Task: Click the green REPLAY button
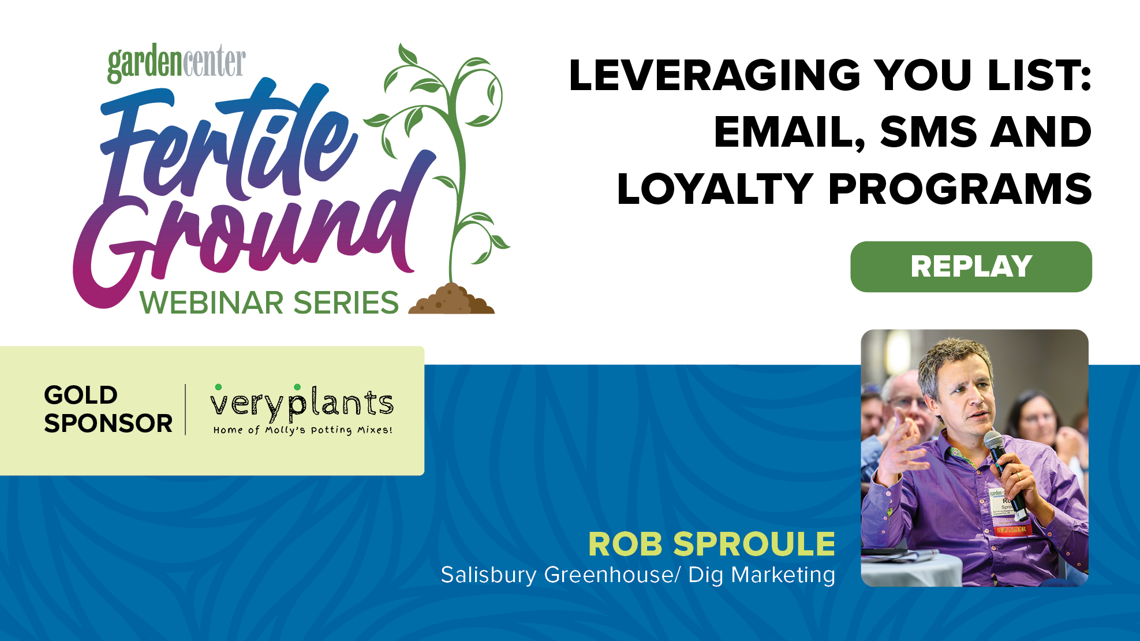click(x=971, y=267)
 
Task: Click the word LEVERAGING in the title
click(x=715, y=75)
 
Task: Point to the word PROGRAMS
click(x=960, y=189)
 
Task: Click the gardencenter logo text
click(x=177, y=63)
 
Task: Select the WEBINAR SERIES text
click(x=269, y=303)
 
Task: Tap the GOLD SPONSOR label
click(x=108, y=409)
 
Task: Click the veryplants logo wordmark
click(x=302, y=403)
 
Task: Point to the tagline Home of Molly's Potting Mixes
click(x=302, y=430)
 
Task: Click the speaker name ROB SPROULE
click(x=711, y=544)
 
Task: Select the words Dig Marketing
click(x=762, y=575)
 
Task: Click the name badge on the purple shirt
click(x=1007, y=511)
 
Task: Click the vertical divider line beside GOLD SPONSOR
click(x=185, y=409)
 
